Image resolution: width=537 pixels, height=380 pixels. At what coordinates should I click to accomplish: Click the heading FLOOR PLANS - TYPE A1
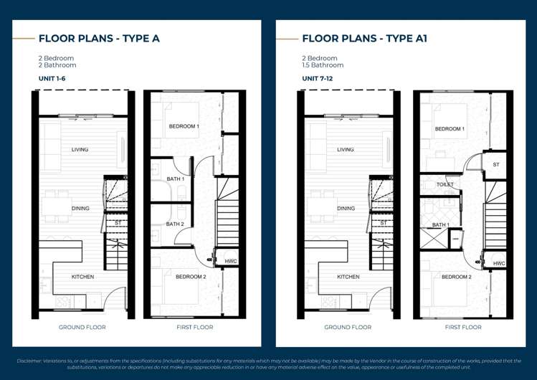pos(364,39)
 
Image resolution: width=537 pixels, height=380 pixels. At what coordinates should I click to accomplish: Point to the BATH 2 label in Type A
pos(176,224)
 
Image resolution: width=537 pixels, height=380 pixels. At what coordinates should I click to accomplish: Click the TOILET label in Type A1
pos(445,185)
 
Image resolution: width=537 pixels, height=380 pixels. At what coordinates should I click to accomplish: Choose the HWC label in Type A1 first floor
pos(499,264)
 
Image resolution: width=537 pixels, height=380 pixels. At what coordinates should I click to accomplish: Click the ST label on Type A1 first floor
pos(495,165)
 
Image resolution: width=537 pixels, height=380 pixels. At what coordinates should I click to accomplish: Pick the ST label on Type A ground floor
pos(118,223)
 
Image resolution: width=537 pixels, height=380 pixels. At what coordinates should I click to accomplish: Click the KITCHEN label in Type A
pos(82,277)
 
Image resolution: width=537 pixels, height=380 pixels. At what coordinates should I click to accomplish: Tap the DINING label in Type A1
pos(346,209)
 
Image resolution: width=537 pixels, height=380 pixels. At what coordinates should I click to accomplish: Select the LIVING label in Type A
pos(80,150)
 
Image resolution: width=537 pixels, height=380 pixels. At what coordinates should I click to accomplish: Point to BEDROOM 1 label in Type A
pos(184,127)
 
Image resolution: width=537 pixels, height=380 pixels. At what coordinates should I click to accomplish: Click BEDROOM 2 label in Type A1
pos(456,277)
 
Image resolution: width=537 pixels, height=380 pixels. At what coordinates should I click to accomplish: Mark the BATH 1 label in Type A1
pos(440,225)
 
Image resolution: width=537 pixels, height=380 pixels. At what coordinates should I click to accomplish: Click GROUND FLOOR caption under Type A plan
pos(82,328)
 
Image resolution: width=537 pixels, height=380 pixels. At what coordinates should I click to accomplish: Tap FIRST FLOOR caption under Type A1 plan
pos(462,328)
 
